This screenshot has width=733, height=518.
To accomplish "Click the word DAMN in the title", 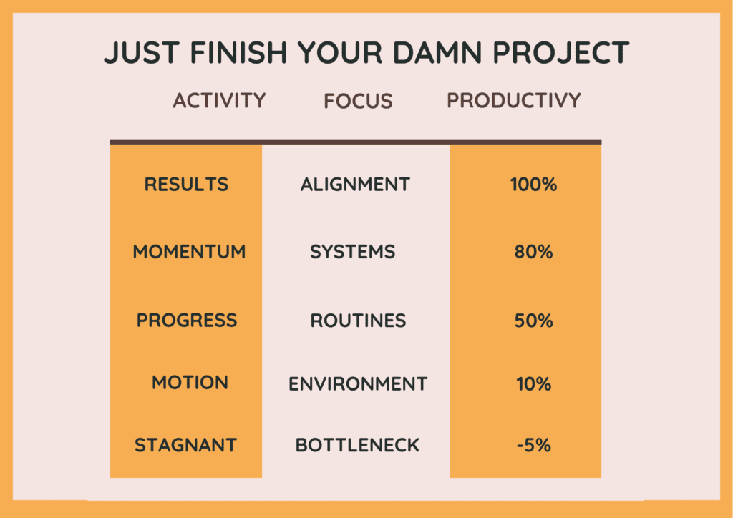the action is point(437,52).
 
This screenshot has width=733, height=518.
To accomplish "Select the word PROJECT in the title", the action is point(561,52).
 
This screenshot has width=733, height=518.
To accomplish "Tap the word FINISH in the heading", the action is point(239,52).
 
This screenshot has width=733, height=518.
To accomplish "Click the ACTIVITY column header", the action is point(219,100).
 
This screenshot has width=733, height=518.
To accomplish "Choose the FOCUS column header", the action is point(358,101).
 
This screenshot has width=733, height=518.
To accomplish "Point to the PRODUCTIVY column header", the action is point(514,100).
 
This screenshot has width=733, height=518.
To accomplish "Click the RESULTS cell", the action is point(187,185).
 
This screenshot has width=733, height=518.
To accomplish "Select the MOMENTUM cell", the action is point(189,252).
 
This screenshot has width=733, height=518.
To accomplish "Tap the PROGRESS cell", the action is point(187,321).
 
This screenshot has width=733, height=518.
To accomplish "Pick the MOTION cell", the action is point(190,383).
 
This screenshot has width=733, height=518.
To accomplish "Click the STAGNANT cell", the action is point(185,445).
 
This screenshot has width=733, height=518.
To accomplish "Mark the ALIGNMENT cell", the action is point(355,185).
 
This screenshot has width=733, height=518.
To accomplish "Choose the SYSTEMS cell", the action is point(353,252).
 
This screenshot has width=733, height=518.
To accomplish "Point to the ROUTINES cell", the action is point(359,321).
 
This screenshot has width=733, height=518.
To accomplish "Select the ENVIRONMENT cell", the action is point(358,384).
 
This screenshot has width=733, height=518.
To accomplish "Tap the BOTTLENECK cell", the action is point(358,445).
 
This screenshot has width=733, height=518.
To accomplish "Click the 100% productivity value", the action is point(534,185).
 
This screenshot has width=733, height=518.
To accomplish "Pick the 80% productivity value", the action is point(534,253).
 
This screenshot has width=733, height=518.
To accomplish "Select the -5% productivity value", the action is point(534,445).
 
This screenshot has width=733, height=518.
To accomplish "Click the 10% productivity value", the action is point(534,384).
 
